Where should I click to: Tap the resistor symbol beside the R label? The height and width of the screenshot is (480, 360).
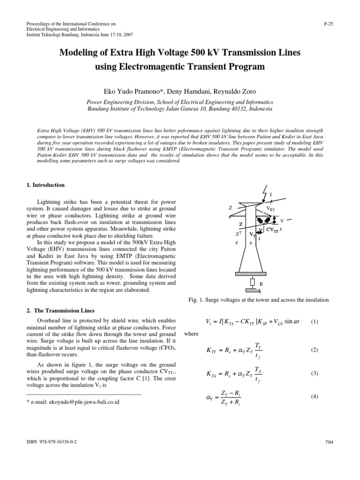252,282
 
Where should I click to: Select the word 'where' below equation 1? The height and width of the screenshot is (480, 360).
192,334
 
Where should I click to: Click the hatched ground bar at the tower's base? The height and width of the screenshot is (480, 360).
253,273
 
